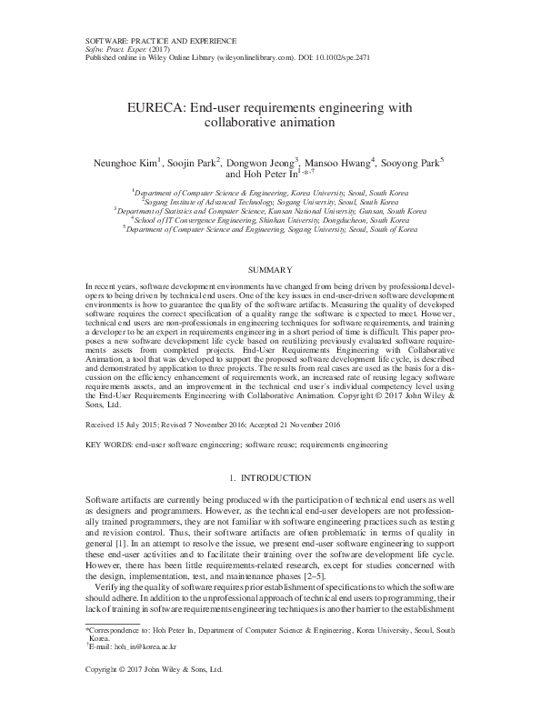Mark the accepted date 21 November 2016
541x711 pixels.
pos(316,424)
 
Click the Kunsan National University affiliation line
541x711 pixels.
pos(270,211)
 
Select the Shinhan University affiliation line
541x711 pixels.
pos(270,220)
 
